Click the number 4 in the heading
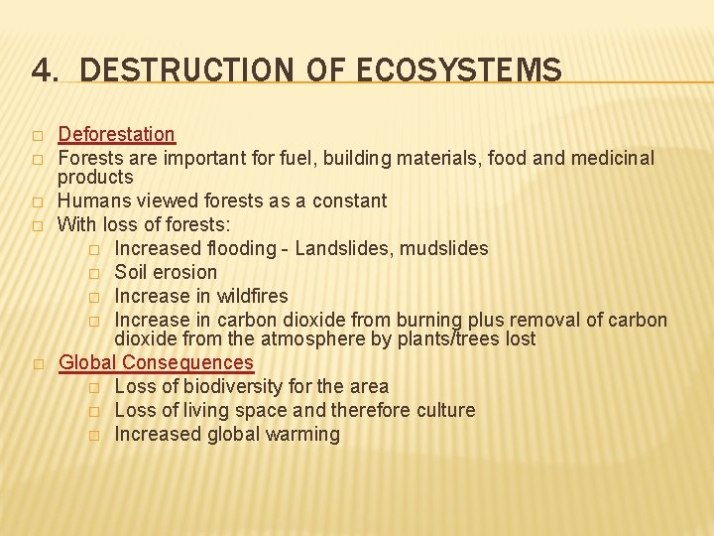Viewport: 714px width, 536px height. pos(41,70)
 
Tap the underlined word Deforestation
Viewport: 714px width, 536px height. pos(116,134)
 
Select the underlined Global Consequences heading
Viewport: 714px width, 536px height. pos(156,363)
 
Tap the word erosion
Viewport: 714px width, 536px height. pos(186,272)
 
